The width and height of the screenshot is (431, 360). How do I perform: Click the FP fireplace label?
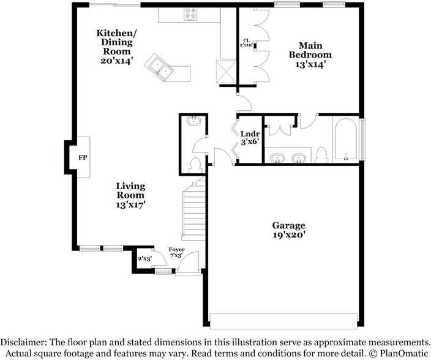click(x=83, y=157)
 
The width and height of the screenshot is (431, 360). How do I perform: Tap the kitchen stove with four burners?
click(x=190, y=13)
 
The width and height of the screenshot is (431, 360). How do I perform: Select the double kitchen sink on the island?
click(x=159, y=67)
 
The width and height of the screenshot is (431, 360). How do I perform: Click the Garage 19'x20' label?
click(x=289, y=230)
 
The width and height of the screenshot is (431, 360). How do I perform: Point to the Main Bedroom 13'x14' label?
click(x=310, y=54)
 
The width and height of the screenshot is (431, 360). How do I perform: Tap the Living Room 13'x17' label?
click(x=130, y=195)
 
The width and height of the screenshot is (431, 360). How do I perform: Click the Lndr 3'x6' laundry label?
click(x=250, y=138)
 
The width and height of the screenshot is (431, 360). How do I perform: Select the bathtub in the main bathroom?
click(x=346, y=139)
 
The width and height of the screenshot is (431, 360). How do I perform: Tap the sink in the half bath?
click(x=194, y=120)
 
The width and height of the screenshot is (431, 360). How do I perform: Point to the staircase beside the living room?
click(x=194, y=209)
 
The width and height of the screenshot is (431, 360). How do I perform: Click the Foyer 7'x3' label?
click(x=176, y=252)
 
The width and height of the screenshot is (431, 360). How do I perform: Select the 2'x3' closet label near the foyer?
click(x=145, y=258)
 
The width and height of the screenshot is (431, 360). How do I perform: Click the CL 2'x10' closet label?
click(x=246, y=43)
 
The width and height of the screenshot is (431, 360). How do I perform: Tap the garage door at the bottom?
click(x=283, y=321)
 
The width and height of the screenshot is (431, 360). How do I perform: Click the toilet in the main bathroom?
click(x=321, y=155)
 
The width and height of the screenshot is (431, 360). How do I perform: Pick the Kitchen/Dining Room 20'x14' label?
click(x=117, y=47)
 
